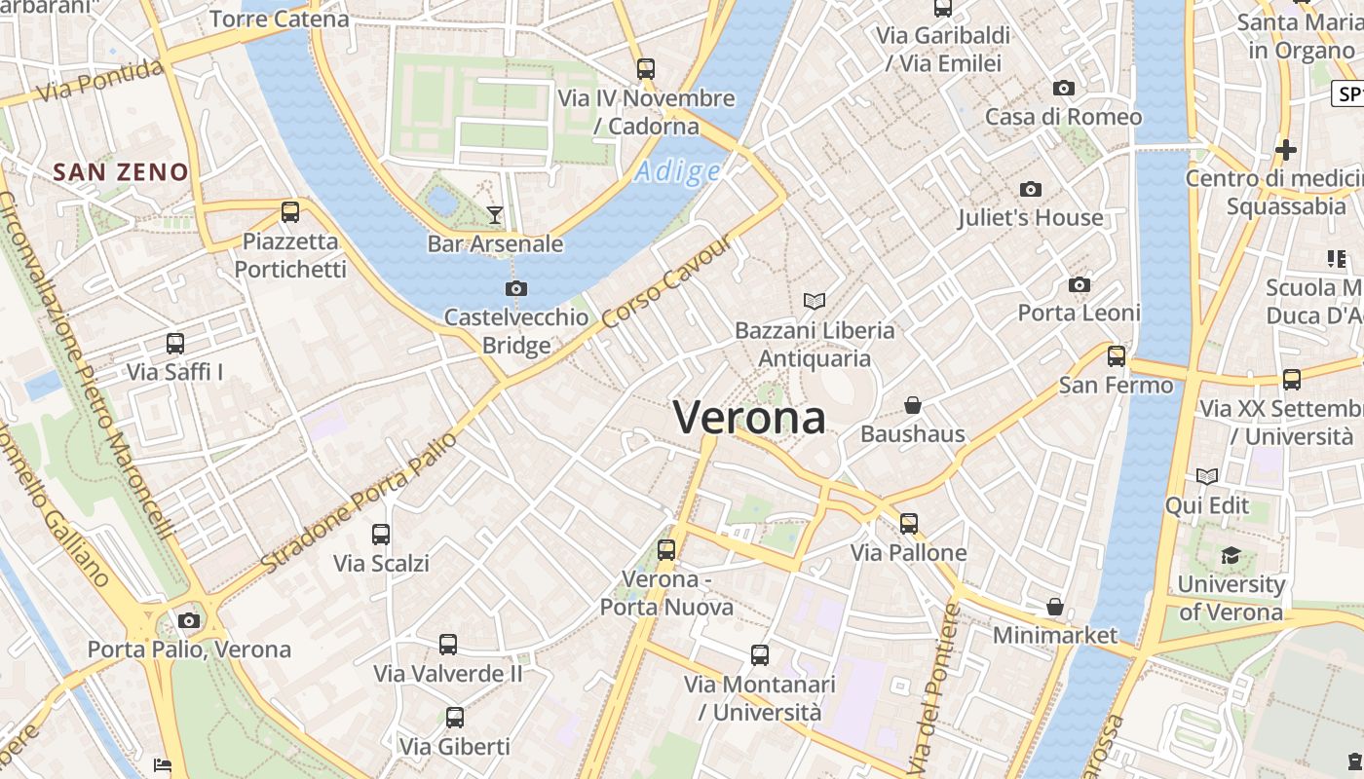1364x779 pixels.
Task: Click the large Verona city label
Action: click(749, 418)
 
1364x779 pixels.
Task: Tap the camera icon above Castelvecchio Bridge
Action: click(516, 288)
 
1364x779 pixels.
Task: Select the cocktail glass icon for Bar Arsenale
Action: click(495, 214)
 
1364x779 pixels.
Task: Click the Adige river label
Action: click(677, 172)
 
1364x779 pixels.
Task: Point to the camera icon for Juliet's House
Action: click(1031, 189)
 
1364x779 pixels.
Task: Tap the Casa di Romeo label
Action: click(1063, 117)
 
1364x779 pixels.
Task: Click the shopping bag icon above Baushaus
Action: click(913, 404)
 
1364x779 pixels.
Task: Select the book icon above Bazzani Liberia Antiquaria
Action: click(815, 301)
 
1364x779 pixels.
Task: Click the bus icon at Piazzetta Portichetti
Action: click(290, 211)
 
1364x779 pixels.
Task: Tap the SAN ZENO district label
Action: click(121, 172)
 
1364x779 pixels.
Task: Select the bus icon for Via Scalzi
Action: click(381, 534)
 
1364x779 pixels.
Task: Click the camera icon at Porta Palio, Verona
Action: click(189, 620)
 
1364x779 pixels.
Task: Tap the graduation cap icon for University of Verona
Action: click(1231, 555)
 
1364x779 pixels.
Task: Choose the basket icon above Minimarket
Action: click(1054, 607)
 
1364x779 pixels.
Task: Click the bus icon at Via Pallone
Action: click(909, 524)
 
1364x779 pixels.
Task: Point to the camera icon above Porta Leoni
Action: click(1079, 284)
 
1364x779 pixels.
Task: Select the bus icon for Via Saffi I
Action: click(175, 343)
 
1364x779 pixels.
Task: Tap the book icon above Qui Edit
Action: click(1207, 476)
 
